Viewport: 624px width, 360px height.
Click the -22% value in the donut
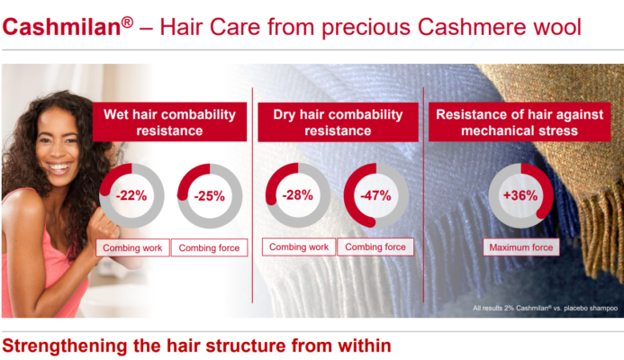(x=131, y=195)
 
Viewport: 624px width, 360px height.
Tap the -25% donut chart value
(x=209, y=196)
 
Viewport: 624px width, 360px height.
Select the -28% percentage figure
(x=297, y=195)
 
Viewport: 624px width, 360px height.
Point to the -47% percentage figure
(x=375, y=195)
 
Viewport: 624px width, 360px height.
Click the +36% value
(x=520, y=195)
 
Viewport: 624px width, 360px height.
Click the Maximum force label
(x=521, y=247)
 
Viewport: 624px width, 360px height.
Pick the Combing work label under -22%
(x=132, y=247)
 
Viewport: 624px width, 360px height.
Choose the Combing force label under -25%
(x=209, y=247)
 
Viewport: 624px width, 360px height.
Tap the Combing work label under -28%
(x=299, y=247)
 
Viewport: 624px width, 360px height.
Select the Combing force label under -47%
(x=375, y=247)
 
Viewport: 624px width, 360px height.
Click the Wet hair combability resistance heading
(x=169, y=122)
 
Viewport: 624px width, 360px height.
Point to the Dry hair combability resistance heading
(x=338, y=122)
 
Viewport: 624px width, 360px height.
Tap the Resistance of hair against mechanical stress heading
(x=520, y=122)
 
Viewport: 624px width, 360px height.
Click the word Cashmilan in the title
(x=62, y=27)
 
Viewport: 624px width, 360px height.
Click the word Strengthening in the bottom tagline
(x=65, y=346)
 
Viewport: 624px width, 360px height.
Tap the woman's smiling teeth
(x=59, y=166)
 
